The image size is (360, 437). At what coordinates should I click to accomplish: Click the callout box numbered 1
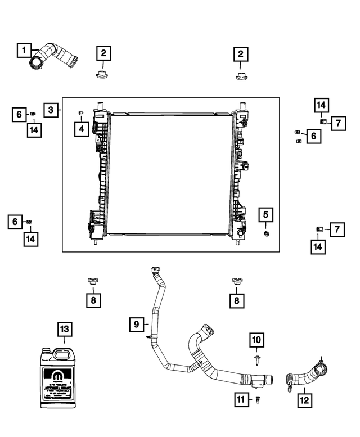coord(24,51)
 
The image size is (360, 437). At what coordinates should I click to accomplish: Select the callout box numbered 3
coord(51,110)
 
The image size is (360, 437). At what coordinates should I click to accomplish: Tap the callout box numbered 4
coord(81,129)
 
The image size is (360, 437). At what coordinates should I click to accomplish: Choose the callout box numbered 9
coord(136,324)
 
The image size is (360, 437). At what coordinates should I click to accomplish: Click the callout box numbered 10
coord(256,340)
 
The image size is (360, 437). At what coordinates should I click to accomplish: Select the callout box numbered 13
coord(64,329)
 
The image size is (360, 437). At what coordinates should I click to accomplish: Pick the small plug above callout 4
coord(81,113)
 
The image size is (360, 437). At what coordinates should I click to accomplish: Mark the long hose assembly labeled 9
coord(186,349)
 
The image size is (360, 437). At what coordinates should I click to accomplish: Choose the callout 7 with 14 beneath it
coord(336,229)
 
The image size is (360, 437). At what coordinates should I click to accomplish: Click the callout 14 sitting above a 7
coord(321,105)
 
